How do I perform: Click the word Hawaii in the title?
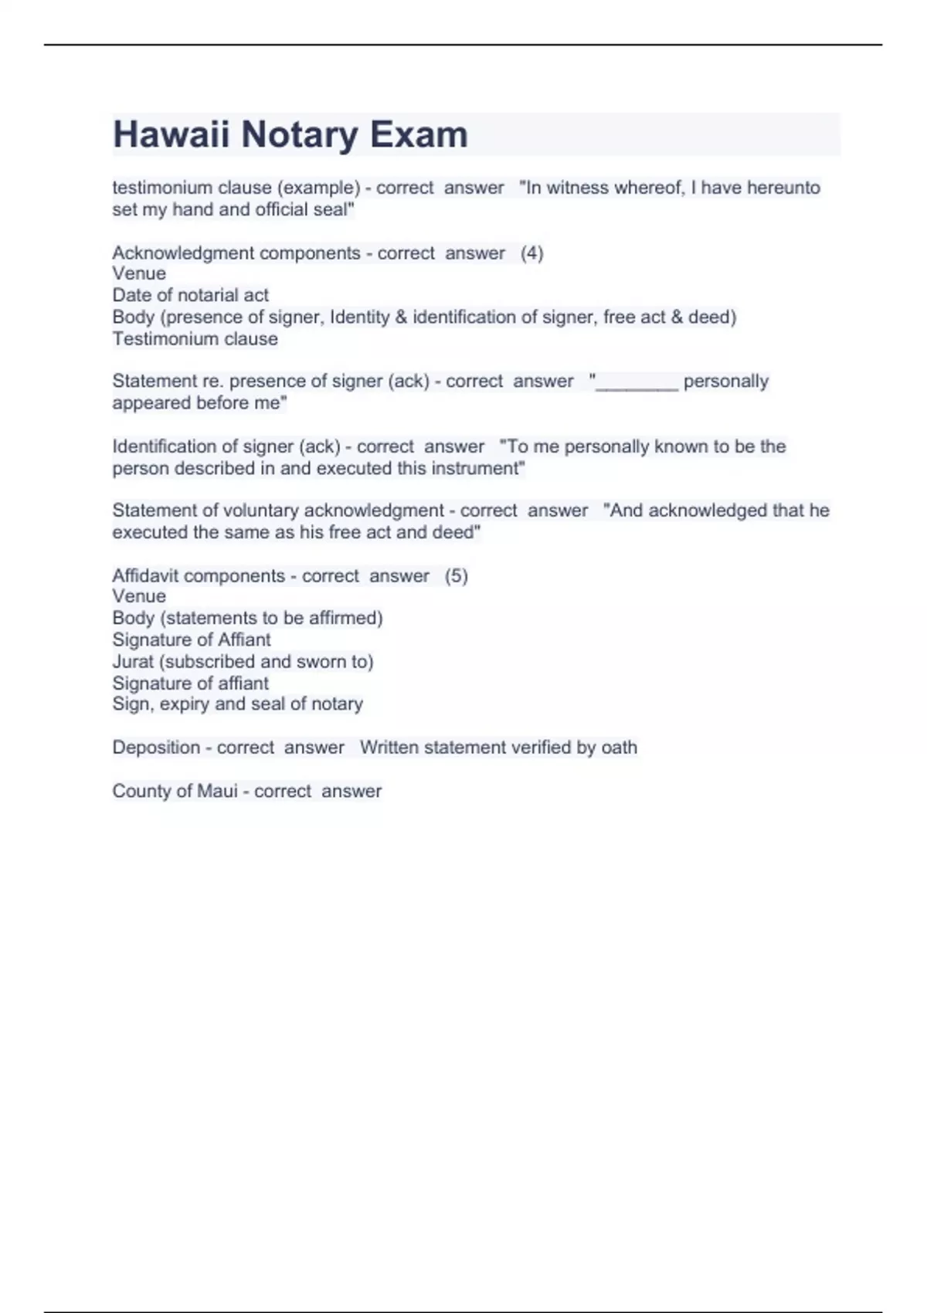point(171,134)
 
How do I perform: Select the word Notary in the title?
point(299,134)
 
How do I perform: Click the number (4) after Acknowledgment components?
point(531,253)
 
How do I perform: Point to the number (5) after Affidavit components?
point(456,576)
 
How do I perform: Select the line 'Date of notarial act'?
point(190,295)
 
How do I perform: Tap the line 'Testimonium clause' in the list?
point(195,339)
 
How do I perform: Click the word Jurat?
point(133,662)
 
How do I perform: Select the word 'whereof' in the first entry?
point(647,188)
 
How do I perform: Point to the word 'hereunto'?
point(783,188)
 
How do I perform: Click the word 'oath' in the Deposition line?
point(619,748)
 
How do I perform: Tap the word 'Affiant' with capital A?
point(245,640)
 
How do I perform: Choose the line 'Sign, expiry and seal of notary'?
point(237,704)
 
